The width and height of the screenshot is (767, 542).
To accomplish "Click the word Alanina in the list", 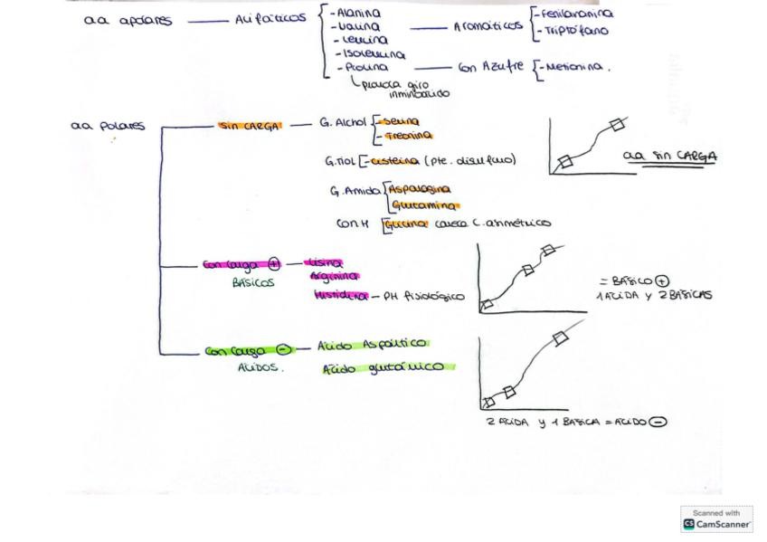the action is (359, 14).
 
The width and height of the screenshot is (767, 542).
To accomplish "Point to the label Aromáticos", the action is (488, 27).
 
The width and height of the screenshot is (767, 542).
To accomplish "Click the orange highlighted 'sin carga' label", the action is (250, 126).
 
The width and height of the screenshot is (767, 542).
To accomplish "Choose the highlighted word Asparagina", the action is (419, 190).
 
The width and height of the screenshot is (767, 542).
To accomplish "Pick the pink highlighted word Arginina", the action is (334, 276).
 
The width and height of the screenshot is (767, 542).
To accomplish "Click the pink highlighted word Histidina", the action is (341, 296).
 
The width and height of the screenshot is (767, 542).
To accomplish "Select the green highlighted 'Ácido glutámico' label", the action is (385, 367).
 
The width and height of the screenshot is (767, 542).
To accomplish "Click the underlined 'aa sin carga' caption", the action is (670, 157).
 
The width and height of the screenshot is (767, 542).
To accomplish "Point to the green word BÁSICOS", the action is (253, 282).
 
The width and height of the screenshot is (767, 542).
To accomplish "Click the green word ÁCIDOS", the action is (260, 368).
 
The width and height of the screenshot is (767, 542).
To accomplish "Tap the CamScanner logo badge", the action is (716, 519).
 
